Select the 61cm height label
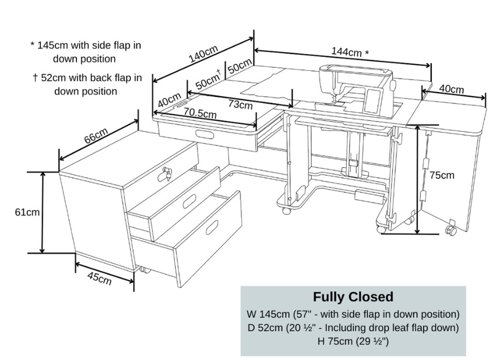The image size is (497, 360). point(27,212)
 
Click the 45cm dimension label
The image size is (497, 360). point(99,278)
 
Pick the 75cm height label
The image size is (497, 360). point(442,175)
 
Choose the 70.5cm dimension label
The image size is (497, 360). point(200,113)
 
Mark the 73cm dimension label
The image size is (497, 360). point(240,105)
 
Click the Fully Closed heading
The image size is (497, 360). point(353,297)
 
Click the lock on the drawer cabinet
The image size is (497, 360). point(165,174)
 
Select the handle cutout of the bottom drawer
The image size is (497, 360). point(212,227)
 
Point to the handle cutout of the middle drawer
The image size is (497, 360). point(189,201)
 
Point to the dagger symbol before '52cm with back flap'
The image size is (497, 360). point(35,78)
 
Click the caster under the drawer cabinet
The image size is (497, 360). point(144,269)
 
